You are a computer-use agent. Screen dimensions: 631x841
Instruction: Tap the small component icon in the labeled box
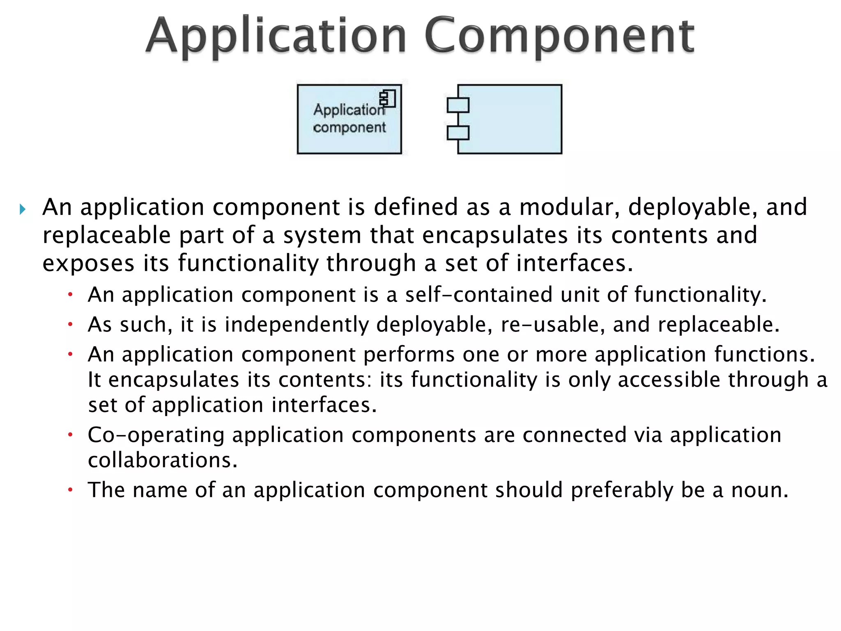coord(387,99)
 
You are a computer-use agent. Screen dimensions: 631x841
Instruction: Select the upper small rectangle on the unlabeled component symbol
coord(458,106)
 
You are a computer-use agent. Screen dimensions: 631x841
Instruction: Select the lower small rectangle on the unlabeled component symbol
coord(458,133)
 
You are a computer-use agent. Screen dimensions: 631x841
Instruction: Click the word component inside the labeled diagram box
coord(349,128)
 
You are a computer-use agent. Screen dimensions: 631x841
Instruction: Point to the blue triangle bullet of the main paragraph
coord(23,210)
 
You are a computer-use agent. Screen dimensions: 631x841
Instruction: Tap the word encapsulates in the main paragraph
coord(494,235)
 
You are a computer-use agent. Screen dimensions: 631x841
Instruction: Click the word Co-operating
coord(156,435)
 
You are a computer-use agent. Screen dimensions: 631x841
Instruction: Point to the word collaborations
coord(163,460)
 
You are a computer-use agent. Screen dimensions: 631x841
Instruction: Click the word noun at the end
coord(759,490)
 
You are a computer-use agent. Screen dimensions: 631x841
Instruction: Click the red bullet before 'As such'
coord(70,325)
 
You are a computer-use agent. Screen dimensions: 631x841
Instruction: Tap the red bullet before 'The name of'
coord(70,490)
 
